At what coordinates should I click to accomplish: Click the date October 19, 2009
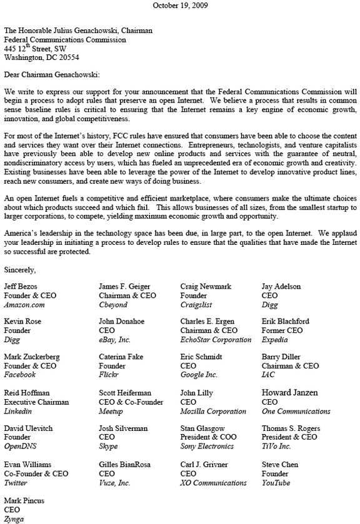click(181, 5)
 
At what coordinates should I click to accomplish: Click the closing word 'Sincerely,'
click(20, 270)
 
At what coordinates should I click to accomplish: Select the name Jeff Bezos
click(21, 287)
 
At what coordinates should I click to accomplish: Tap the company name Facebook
click(20, 375)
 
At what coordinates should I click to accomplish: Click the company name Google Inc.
click(199, 375)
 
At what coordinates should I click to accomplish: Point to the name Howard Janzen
click(289, 393)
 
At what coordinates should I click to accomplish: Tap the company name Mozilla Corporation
click(213, 412)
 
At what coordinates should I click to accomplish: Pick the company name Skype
click(109, 447)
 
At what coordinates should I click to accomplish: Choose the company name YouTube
click(276, 483)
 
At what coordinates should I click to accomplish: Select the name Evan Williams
click(28, 465)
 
